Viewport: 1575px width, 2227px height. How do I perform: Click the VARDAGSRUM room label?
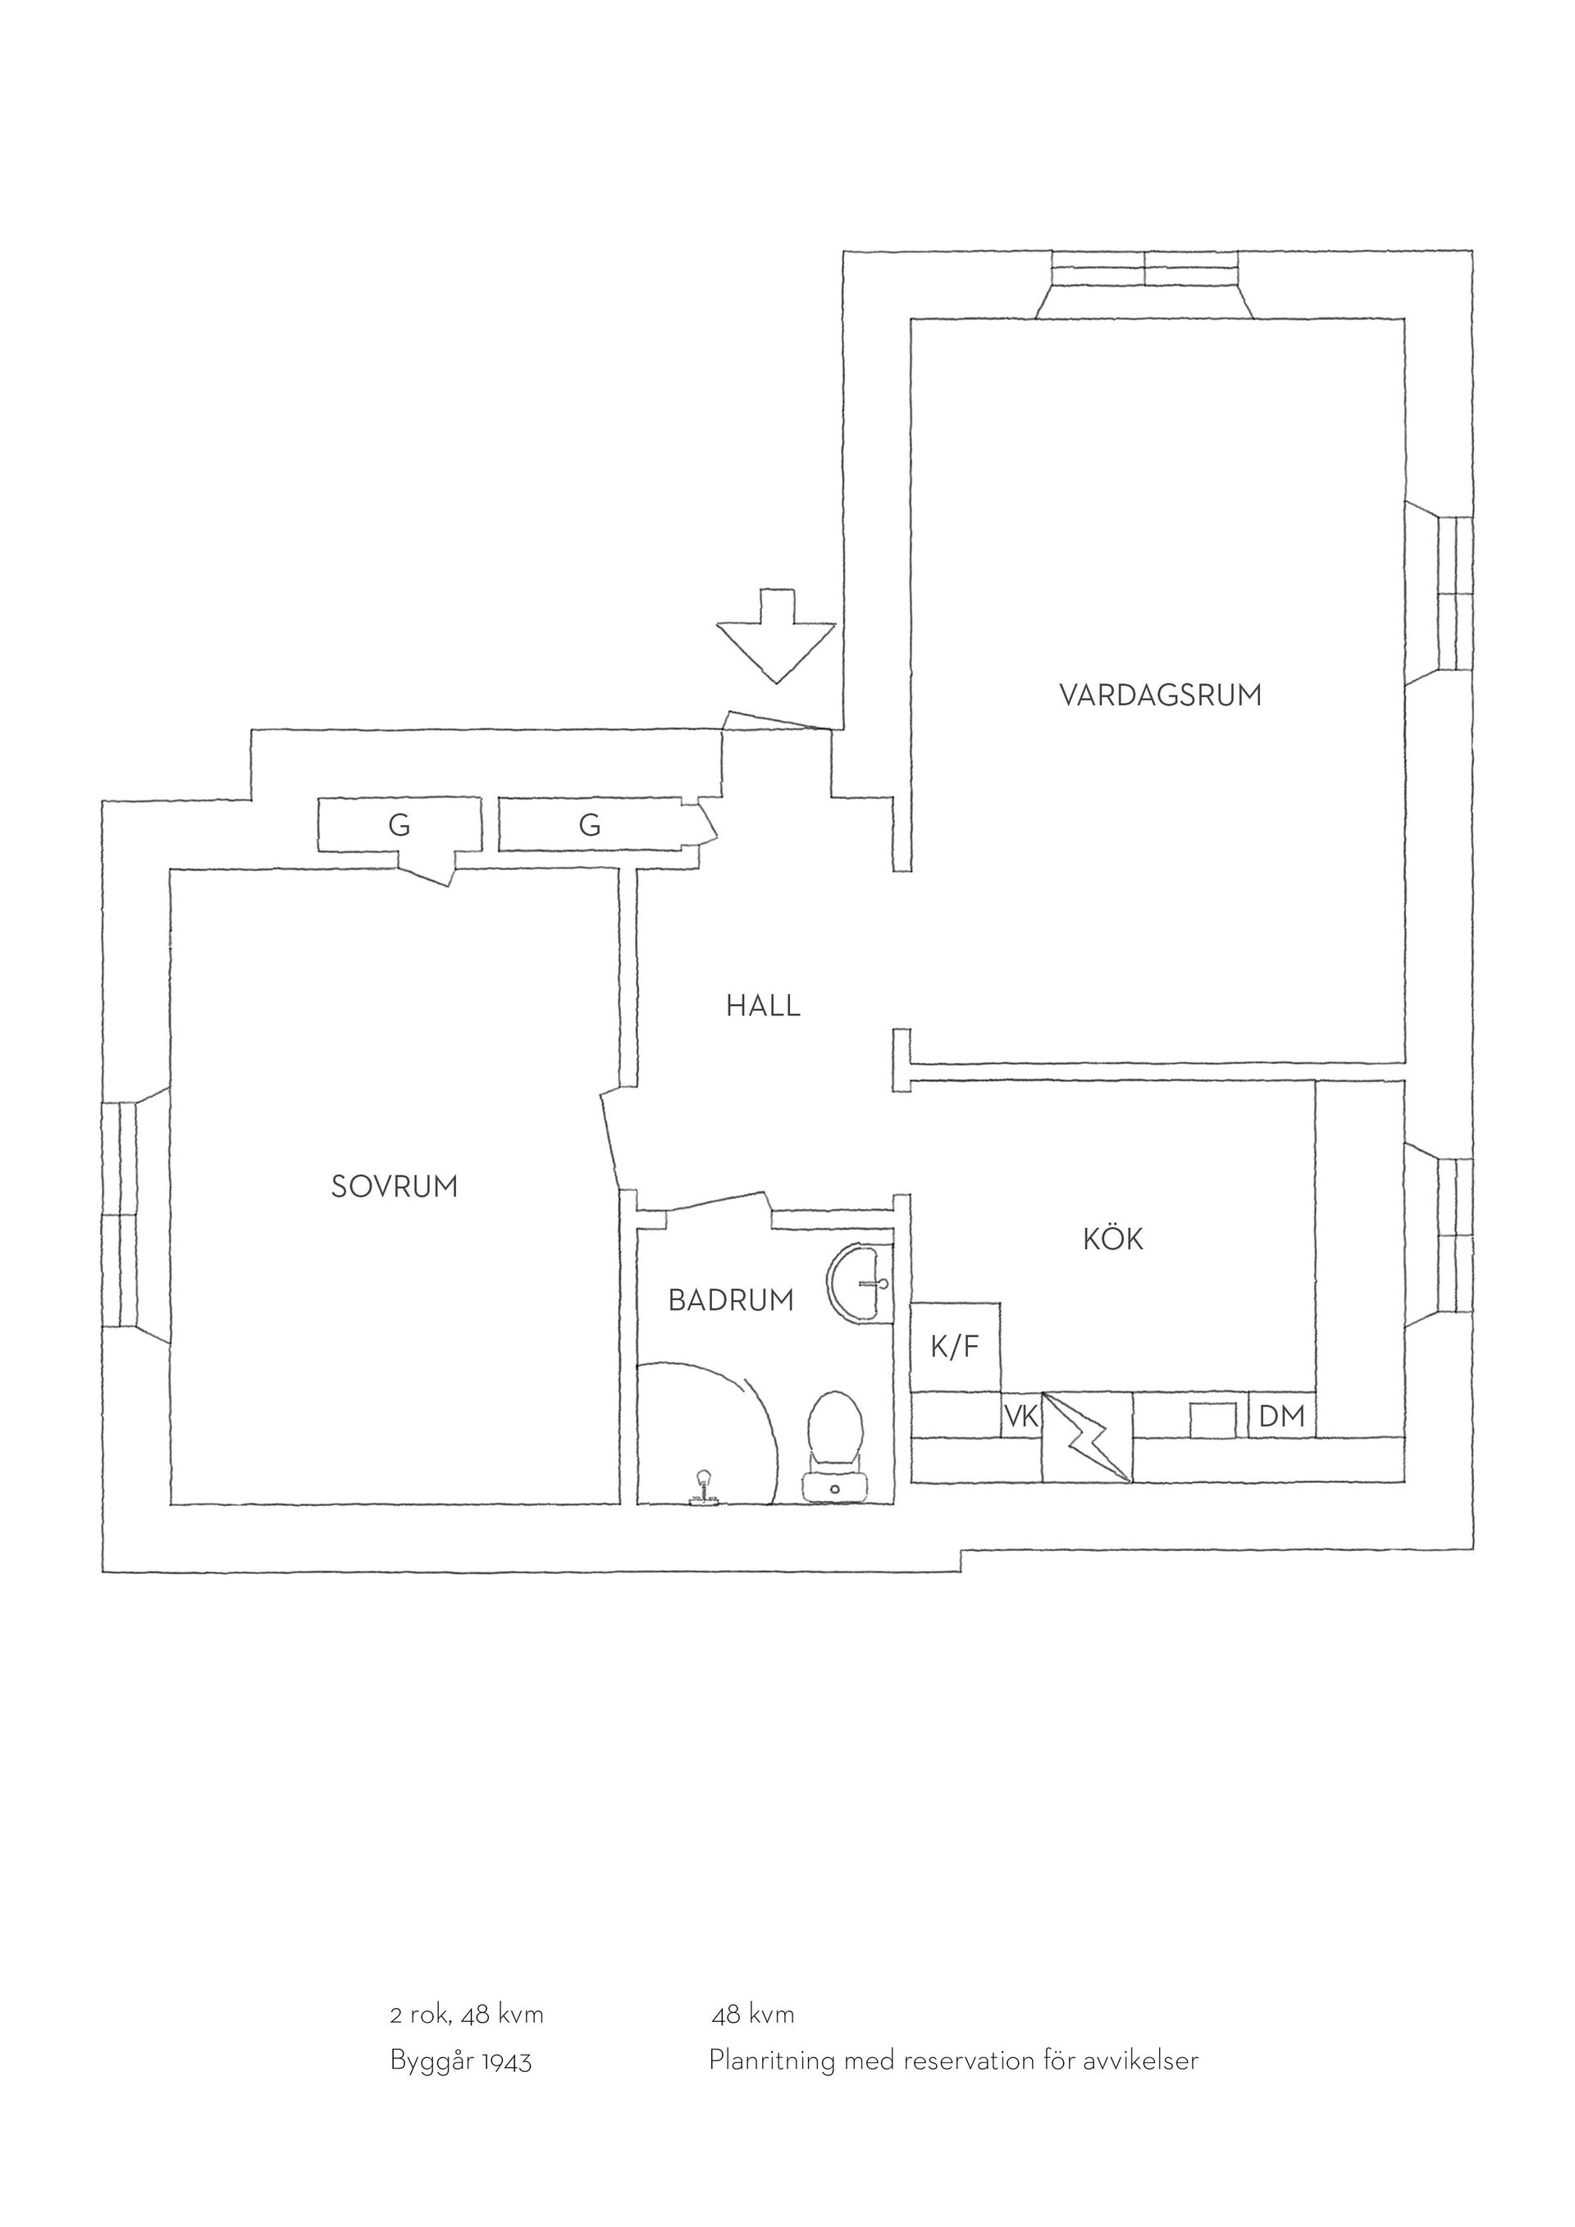point(1160,696)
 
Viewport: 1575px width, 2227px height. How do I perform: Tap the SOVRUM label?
point(394,1186)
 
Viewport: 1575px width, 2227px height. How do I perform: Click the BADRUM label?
point(730,1301)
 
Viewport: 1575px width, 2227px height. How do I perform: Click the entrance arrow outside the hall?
point(776,636)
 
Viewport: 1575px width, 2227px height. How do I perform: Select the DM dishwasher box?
point(1281,1416)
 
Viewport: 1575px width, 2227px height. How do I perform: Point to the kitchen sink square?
point(1213,1419)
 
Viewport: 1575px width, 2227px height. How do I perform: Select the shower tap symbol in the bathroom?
point(701,1489)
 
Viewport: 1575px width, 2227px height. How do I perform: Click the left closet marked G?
point(399,824)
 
